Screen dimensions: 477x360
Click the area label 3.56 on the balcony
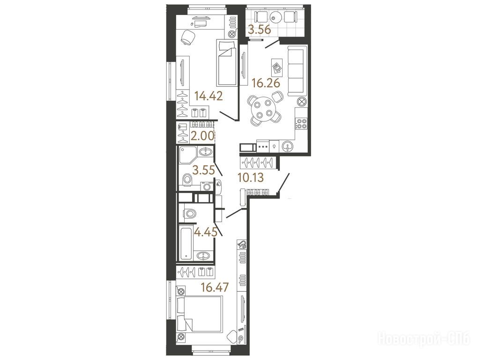pos(260,30)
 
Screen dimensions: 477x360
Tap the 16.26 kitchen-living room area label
pos(266,83)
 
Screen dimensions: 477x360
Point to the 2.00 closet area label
pos(202,136)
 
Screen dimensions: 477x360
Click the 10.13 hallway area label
pos(251,177)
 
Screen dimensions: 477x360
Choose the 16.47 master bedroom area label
pos(214,287)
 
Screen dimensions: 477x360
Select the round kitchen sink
pos(288,146)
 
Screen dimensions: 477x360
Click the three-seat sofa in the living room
pos(296,71)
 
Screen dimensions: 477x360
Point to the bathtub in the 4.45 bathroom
pos(186,243)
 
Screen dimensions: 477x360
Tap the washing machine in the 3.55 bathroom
pos(207,186)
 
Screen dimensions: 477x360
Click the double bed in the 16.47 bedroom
pos(200,315)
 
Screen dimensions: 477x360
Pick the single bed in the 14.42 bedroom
pos(227,63)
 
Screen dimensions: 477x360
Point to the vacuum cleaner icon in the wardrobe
pos(242,244)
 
